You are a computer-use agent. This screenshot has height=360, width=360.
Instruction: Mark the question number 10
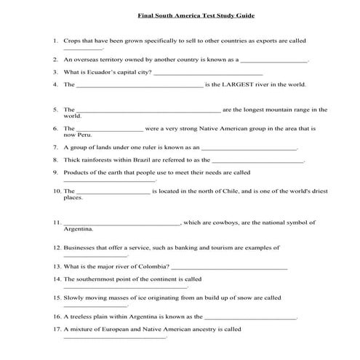(x=57, y=191)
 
